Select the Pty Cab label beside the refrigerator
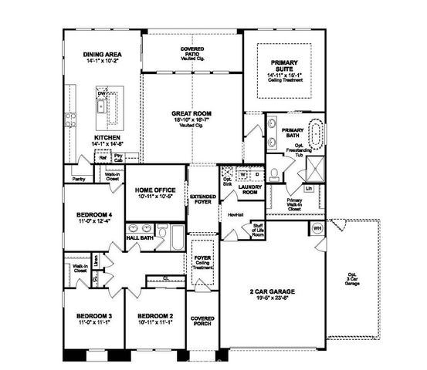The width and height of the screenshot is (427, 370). [118, 157]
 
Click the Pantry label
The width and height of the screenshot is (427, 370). [78, 178]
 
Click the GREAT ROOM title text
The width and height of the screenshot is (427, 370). [191, 114]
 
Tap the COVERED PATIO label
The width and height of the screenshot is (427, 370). [192, 52]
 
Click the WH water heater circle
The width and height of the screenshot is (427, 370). [317, 229]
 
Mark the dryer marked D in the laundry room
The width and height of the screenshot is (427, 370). [255, 173]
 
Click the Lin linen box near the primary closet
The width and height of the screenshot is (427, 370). [308, 187]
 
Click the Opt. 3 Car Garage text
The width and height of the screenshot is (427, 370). [351, 279]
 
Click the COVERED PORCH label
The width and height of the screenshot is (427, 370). [203, 322]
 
